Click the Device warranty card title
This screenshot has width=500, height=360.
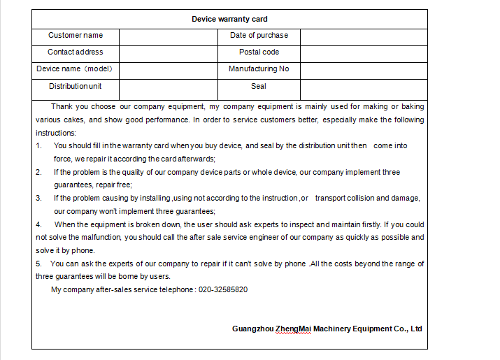[x=229, y=19]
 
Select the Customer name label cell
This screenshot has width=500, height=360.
[x=76, y=36]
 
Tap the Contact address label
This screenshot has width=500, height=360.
[x=76, y=52]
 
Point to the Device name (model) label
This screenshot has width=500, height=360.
[x=75, y=69]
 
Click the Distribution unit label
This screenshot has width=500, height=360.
[x=76, y=87]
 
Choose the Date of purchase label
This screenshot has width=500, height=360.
[x=259, y=36]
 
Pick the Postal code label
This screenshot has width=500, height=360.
[x=259, y=52]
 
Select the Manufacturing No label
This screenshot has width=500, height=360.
[x=259, y=69]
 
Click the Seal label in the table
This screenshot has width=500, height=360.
[x=259, y=87]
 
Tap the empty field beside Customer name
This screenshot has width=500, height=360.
[x=168, y=36]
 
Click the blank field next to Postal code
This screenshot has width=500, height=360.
[x=364, y=53]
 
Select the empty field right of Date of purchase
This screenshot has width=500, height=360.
[x=364, y=36]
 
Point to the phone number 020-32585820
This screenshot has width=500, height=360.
[x=223, y=289]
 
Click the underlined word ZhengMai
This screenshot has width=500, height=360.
[x=294, y=329]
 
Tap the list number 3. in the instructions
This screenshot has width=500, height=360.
[x=39, y=198]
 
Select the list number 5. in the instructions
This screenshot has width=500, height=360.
[x=39, y=264]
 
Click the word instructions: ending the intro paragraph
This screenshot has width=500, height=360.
[x=56, y=133]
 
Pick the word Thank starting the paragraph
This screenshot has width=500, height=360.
[x=62, y=107]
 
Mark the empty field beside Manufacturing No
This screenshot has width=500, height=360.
[x=364, y=70]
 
